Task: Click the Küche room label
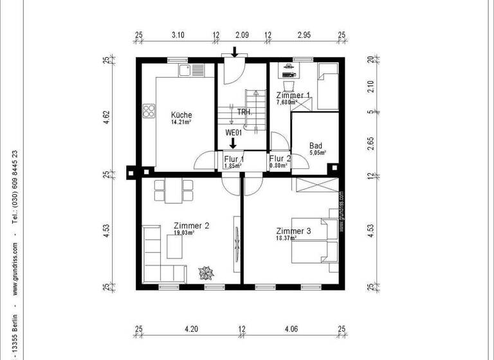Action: pyautogui.click(x=181, y=115)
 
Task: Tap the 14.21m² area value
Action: pyautogui.click(x=181, y=122)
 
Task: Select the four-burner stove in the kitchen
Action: pyautogui.click(x=149, y=112)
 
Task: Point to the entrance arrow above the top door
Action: pyautogui.click(x=235, y=51)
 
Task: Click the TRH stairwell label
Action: pyautogui.click(x=244, y=112)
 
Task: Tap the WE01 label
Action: pyautogui.click(x=233, y=132)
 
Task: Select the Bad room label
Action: pyautogui.click(x=316, y=146)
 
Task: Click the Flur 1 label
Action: pyautogui.click(x=233, y=159)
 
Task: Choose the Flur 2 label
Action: pyautogui.click(x=280, y=159)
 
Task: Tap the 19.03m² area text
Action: pyautogui.click(x=183, y=233)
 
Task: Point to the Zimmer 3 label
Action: pyautogui.click(x=293, y=231)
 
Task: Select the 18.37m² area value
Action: pyautogui.click(x=286, y=238)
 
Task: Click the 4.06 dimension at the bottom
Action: pyautogui.click(x=291, y=328)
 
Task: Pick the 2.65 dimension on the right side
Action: pyautogui.click(x=370, y=143)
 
